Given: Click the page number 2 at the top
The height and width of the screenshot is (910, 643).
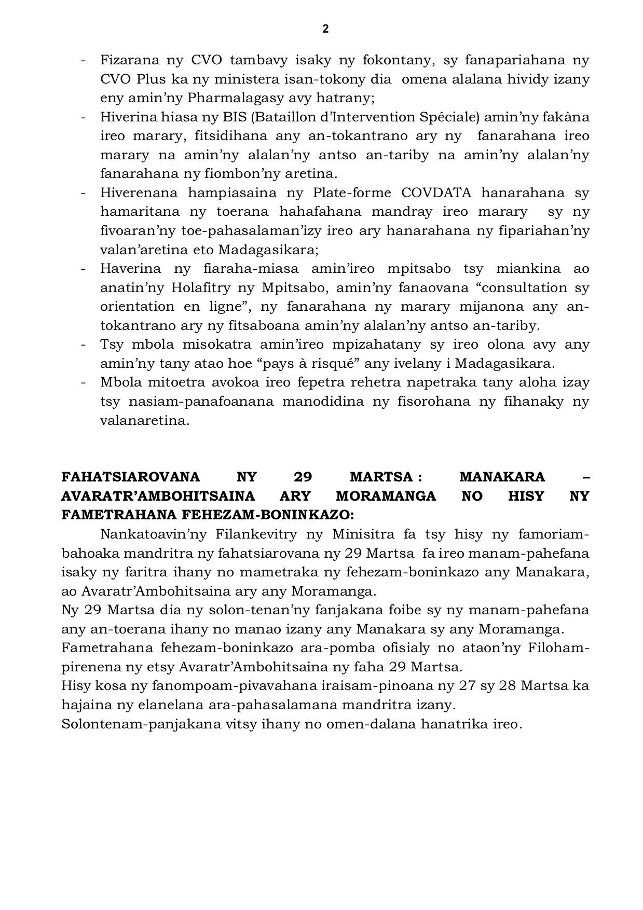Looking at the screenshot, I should [x=325, y=29].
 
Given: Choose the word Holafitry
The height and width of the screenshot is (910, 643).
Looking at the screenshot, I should [x=210, y=288].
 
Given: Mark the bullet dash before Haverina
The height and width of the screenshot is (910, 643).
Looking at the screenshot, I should [x=83, y=269].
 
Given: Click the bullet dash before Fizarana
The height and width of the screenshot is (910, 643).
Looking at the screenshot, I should [x=83, y=60].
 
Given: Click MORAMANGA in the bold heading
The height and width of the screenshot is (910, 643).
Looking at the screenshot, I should [x=386, y=497].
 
